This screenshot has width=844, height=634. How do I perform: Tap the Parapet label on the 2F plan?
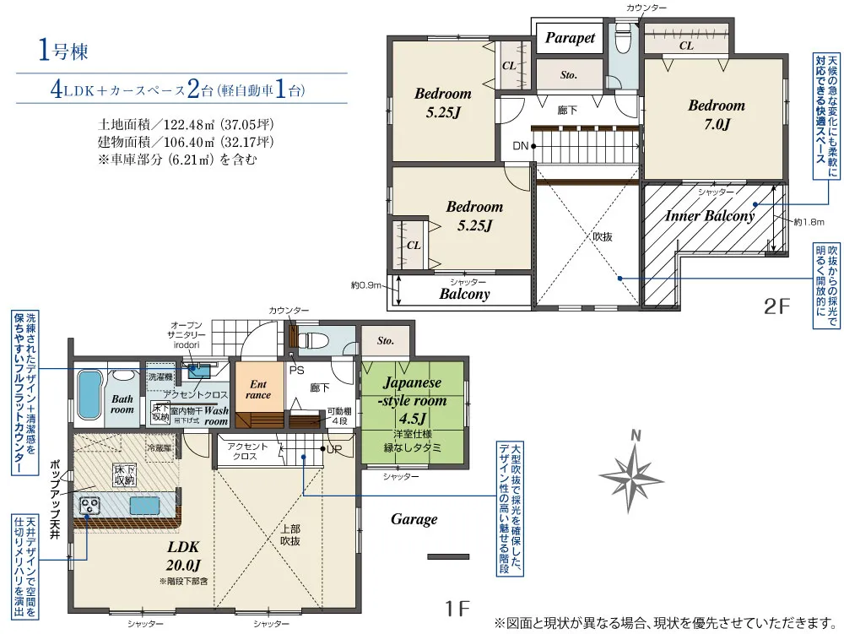(570, 38)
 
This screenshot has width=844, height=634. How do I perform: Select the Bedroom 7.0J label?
(717, 115)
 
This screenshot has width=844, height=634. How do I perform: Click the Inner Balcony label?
(710, 216)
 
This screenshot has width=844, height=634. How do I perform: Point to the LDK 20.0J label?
(183, 556)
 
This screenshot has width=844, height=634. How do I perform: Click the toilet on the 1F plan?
(313, 340)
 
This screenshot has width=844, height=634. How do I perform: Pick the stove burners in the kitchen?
(89, 506)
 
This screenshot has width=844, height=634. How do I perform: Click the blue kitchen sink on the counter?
(145, 506)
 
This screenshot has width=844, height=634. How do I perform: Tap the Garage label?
(414, 519)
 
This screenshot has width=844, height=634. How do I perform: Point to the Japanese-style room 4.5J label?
(413, 400)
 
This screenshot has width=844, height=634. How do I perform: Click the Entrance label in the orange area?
(257, 390)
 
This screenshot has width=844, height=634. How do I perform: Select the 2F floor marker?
(776, 306)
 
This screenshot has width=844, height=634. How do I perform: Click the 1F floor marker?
(457, 609)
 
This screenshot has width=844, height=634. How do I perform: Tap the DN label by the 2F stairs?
(520, 146)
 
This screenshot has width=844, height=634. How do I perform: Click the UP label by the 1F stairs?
(334, 449)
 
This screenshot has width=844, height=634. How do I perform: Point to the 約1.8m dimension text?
(809, 222)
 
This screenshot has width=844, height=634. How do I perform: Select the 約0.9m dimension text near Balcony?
(366, 285)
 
